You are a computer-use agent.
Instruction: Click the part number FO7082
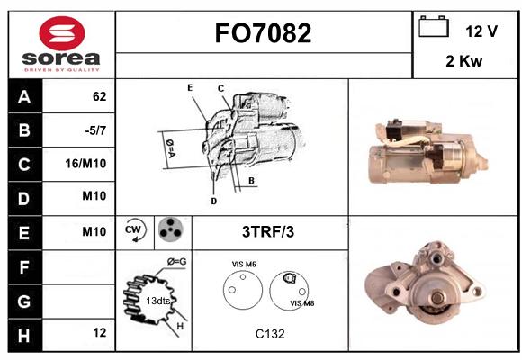(x=263, y=33)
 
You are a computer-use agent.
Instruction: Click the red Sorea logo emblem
(x=62, y=33)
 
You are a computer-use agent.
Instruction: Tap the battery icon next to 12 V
(x=434, y=26)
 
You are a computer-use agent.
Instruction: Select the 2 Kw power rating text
(x=463, y=61)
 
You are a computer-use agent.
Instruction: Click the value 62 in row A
(x=100, y=96)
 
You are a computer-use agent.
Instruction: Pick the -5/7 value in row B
(x=95, y=130)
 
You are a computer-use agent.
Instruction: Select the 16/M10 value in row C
(x=85, y=164)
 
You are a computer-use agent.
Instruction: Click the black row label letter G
(x=24, y=301)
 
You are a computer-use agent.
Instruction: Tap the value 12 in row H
(x=100, y=332)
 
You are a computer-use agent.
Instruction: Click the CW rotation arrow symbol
(x=135, y=229)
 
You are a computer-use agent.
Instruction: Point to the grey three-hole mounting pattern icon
(x=170, y=229)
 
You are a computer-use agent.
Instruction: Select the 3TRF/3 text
(x=268, y=232)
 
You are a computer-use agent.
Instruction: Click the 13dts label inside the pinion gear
(x=158, y=301)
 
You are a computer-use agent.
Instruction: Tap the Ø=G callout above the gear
(x=176, y=261)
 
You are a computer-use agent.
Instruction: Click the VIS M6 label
(x=244, y=264)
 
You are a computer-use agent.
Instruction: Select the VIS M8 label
(x=301, y=303)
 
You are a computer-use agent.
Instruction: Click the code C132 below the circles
(x=270, y=334)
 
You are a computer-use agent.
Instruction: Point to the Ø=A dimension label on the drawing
(x=171, y=148)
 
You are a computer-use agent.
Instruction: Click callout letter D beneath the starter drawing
(x=214, y=201)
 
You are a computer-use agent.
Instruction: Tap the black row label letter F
(x=24, y=267)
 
